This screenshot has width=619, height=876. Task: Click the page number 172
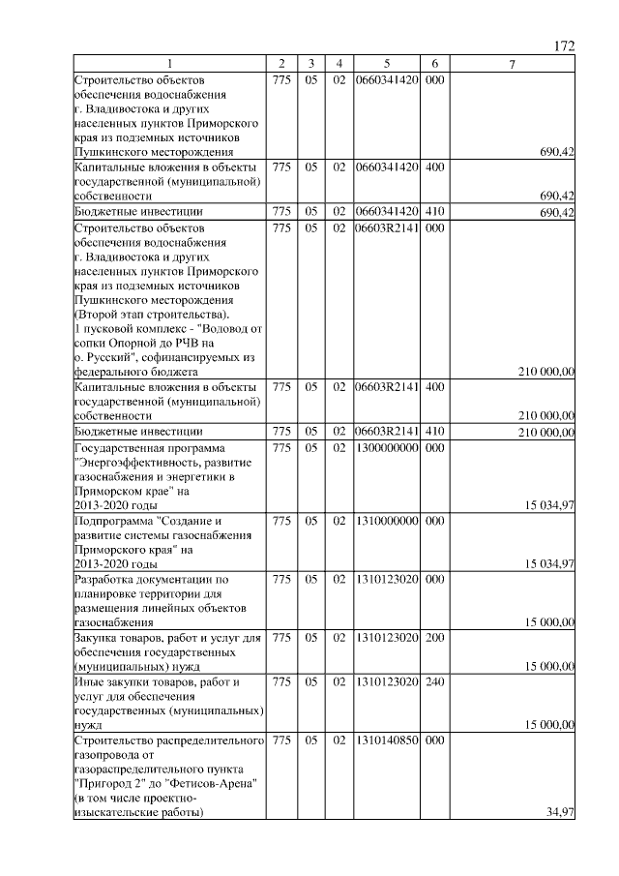(x=565, y=46)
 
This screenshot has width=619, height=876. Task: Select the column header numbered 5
(x=386, y=64)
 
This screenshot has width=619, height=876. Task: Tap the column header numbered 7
(x=513, y=64)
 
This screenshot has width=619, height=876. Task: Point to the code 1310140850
(x=386, y=740)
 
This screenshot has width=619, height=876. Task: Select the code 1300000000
(x=386, y=448)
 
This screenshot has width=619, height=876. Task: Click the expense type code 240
(x=434, y=682)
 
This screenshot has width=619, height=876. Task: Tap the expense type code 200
(x=434, y=637)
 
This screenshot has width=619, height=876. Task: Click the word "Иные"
(x=90, y=682)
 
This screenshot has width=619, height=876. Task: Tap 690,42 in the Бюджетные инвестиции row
(x=556, y=212)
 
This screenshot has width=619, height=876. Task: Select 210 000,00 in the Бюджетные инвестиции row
(x=547, y=432)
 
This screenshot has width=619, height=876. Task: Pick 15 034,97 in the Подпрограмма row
(x=550, y=563)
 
